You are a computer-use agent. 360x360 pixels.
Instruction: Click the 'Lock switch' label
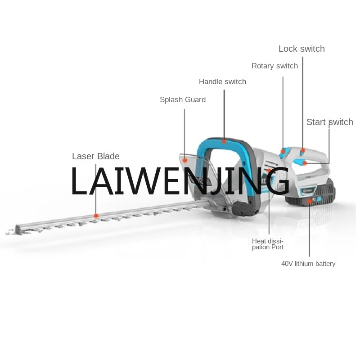pos(301,49)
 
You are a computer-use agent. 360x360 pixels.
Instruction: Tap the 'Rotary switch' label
pos(274,66)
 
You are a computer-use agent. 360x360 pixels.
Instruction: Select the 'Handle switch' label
pos(222,82)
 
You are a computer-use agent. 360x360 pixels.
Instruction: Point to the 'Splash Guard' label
pos(183,100)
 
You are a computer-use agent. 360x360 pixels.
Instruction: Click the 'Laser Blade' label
pos(96,157)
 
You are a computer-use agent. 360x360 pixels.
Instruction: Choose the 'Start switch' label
pos(329,122)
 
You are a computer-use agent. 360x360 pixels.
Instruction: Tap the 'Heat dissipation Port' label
pos(268,244)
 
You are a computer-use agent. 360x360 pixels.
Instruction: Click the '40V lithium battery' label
pos(308,264)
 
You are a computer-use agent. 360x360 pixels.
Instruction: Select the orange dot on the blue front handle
pos(224,141)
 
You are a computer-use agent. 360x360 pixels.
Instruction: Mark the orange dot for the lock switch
pos(303,151)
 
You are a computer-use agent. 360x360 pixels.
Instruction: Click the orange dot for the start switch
pos(305,162)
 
